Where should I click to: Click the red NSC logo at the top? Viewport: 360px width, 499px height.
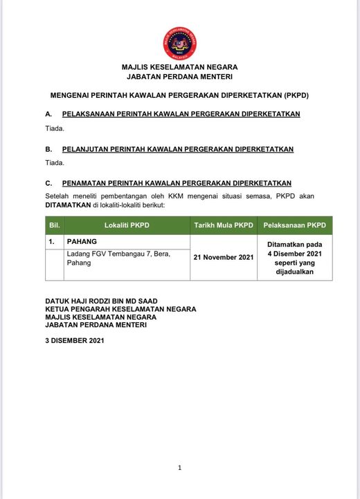coord(179,43)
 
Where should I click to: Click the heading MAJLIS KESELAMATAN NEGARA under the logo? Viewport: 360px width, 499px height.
coord(179,67)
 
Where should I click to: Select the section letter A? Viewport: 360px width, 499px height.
coord(48,114)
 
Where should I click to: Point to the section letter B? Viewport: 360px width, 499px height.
coord(48,149)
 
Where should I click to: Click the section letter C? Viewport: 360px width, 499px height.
coord(48,183)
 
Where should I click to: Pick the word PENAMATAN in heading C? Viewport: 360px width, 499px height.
coord(87,183)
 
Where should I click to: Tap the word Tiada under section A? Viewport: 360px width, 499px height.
coord(55,128)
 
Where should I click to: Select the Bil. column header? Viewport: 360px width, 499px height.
coord(55,225)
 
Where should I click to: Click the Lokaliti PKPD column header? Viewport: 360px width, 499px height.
coord(127,225)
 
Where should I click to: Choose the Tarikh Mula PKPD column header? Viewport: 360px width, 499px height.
coord(224,225)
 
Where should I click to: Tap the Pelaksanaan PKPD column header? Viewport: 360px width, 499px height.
coord(295,225)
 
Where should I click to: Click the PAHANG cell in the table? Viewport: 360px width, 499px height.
coord(82,242)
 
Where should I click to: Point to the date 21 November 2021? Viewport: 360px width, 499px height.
coord(224,257)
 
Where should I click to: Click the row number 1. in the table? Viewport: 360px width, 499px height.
coord(52,242)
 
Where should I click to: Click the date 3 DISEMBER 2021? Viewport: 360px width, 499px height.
coord(74,340)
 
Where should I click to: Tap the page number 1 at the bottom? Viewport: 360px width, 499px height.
coord(179,468)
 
